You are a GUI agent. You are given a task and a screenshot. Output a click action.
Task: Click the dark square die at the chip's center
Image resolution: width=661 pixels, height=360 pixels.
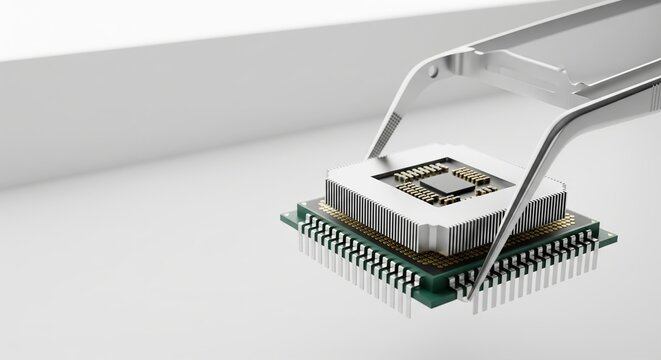[447, 184]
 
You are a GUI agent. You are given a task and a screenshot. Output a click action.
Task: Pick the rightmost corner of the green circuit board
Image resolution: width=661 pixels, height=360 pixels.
[616, 240]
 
